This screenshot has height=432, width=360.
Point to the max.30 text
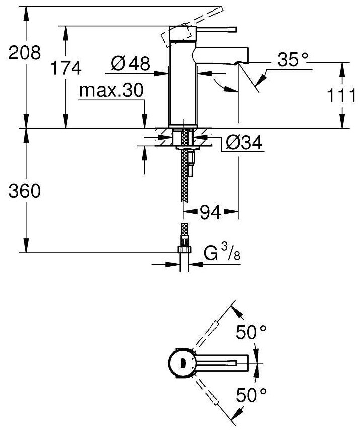(x=112, y=91)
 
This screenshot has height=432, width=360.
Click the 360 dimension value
(x=21, y=191)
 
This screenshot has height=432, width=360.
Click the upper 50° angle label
(x=252, y=332)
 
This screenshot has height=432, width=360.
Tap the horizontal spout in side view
(x=221, y=55)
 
